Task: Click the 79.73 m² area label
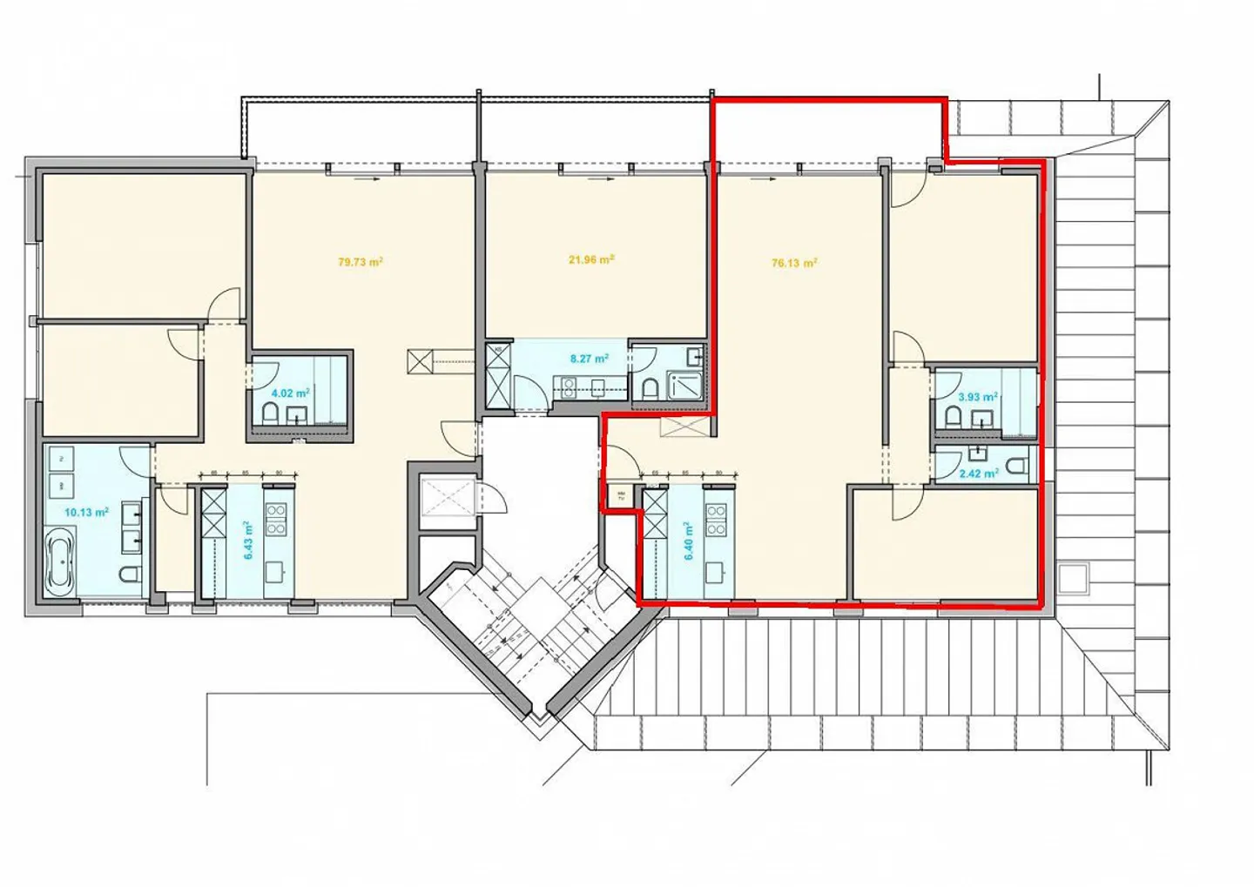(361, 261)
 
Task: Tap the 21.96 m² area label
(591, 259)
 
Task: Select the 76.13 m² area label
(794, 263)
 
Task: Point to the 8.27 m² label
(589, 358)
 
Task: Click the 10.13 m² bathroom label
(86, 513)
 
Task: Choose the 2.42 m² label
(978, 474)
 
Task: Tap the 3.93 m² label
(977, 397)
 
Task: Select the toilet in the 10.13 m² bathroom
(131, 575)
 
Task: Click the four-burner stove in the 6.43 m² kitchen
(276, 519)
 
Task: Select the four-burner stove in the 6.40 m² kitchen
(716, 519)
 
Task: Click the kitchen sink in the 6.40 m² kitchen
(716, 572)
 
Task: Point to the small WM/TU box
(621, 496)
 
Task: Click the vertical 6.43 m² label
(247, 541)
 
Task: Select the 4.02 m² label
(290, 393)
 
